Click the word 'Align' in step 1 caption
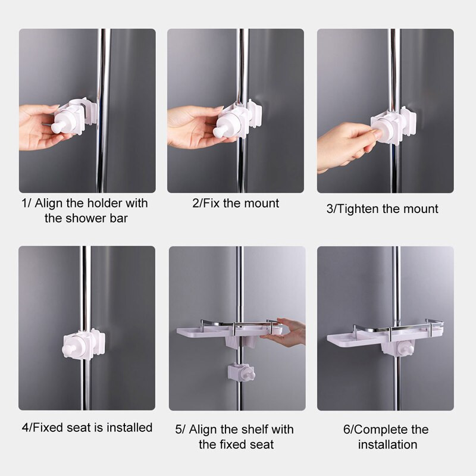point(49,203)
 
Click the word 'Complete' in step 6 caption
point(383,430)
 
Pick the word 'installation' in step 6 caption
point(388,444)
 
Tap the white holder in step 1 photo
point(74,116)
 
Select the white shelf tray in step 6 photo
point(384,336)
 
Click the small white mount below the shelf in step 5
point(241,372)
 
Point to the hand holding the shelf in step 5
point(286,333)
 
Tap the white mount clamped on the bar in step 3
point(393,125)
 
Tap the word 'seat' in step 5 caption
point(262,444)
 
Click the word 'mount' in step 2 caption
point(264,203)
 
